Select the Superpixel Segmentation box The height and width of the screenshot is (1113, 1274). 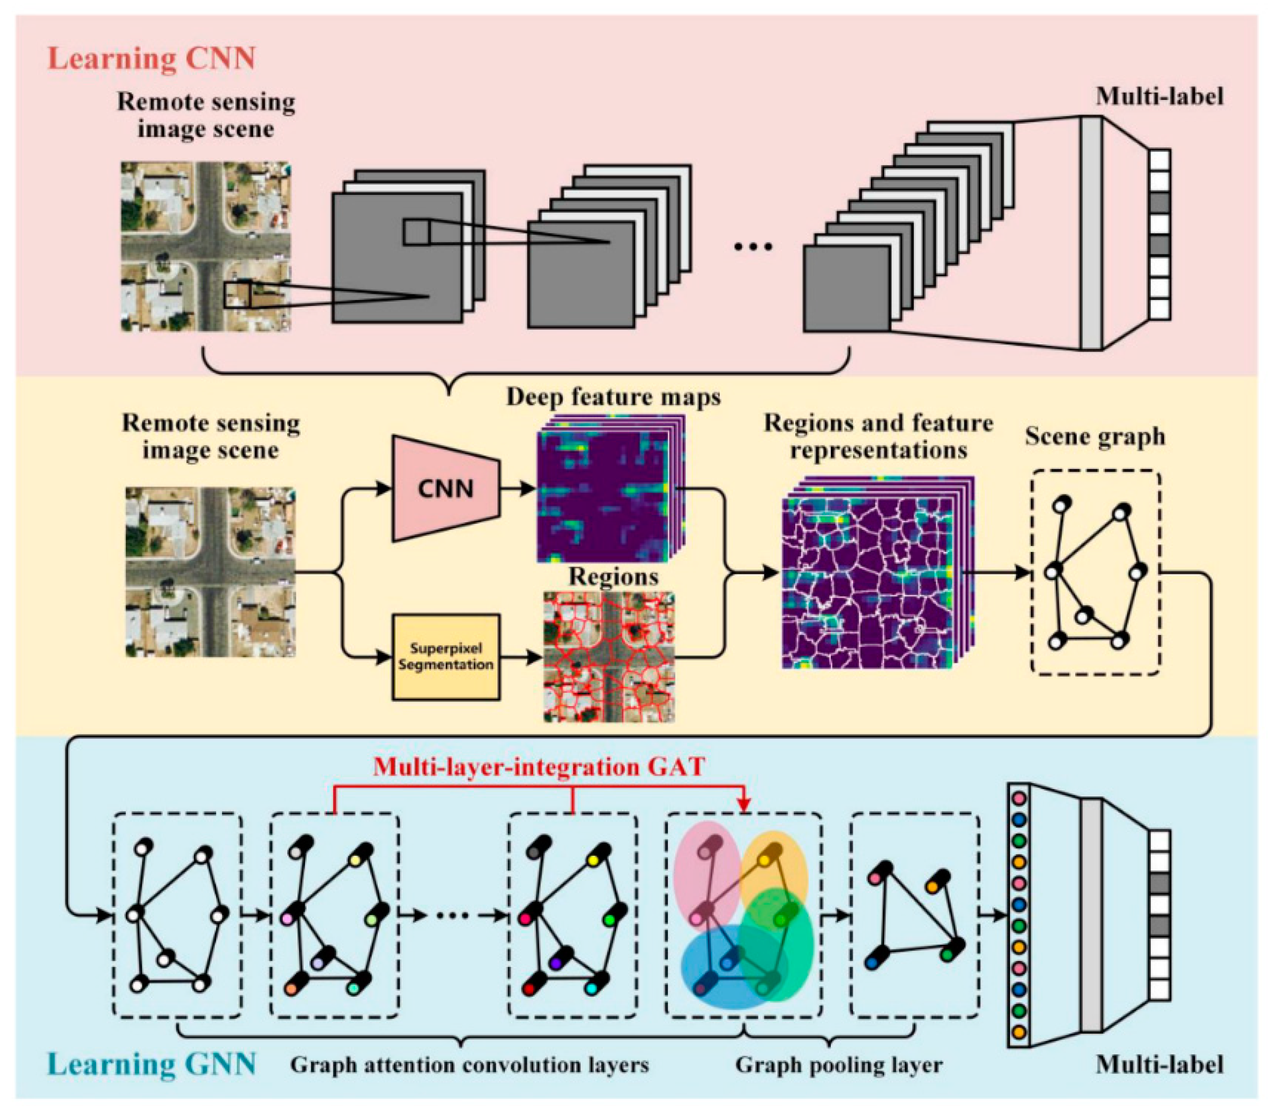[x=446, y=657]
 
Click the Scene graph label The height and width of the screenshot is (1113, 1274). [x=1094, y=437]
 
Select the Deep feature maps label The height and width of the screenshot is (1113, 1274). [x=613, y=397]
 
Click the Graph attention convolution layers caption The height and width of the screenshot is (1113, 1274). [x=469, y=1065]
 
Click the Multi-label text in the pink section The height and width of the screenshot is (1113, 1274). [x=1159, y=97]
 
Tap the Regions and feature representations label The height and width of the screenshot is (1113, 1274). [x=878, y=437]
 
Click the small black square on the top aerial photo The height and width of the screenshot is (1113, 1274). [x=238, y=294]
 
